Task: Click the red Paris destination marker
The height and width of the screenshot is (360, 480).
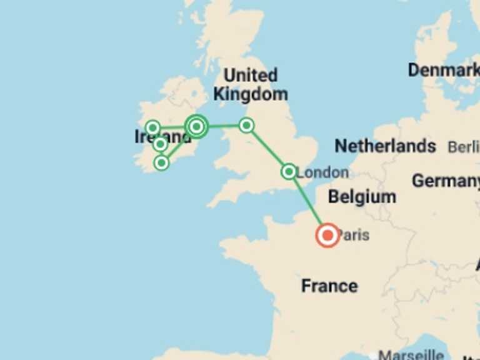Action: pos(327,236)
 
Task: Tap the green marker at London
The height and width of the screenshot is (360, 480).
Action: pos(289,171)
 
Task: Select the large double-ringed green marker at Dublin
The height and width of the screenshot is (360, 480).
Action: pos(196,127)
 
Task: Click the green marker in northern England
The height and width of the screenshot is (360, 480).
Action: pos(247,126)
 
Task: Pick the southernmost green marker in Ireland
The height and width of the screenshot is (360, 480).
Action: pos(161,162)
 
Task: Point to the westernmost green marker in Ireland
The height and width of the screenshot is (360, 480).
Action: pos(152,128)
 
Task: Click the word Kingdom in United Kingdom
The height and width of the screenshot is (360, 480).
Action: pos(251,94)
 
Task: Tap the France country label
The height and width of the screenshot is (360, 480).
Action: pos(329,286)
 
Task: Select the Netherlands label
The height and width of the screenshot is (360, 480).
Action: pos(385,146)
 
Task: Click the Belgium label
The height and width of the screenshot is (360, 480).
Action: pos(362,197)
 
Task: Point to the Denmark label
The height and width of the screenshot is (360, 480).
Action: pos(443,70)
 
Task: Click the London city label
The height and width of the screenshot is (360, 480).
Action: pos(323,172)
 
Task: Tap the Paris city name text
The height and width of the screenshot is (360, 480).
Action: pos(354,236)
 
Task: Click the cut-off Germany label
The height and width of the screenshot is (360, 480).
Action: pos(445,181)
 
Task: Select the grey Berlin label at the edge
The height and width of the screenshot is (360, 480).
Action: pos(463,147)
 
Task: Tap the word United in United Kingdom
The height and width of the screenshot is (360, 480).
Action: pos(250,76)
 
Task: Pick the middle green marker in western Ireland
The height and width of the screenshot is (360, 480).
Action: pos(160,144)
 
